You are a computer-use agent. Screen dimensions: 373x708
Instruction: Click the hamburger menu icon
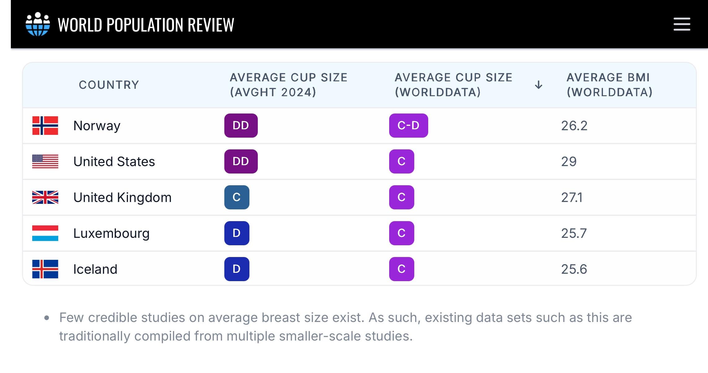click(x=682, y=24)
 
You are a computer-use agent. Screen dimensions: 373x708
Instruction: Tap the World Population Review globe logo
click(x=38, y=24)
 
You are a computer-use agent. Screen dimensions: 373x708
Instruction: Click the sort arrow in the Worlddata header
click(x=539, y=85)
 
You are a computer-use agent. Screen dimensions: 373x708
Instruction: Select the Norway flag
click(x=45, y=126)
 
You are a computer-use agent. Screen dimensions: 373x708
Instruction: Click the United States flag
click(x=45, y=161)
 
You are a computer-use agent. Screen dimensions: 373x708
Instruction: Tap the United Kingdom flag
click(x=45, y=197)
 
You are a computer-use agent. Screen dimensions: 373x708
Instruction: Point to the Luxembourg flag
click(x=45, y=233)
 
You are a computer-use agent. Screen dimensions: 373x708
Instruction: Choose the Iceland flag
click(x=45, y=269)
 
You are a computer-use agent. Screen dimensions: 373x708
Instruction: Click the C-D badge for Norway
click(x=408, y=126)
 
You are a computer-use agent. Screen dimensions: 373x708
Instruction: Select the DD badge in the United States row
click(x=241, y=161)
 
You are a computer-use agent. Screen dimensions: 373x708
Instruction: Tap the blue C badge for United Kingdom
click(x=237, y=197)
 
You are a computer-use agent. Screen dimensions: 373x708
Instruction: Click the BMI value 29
click(x=569, y=161)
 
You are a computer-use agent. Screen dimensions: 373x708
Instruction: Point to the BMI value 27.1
click(x=572, y=197)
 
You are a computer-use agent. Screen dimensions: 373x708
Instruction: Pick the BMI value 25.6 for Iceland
click(x=574, y=269)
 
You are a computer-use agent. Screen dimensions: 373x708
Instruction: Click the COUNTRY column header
click(x=109, y=85)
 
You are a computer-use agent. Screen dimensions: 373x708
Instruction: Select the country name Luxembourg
click(x=111, y=233)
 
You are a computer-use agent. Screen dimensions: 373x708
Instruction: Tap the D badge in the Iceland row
click(x=237, y=269)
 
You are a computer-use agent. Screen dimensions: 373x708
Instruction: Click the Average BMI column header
click(x=609, y=85)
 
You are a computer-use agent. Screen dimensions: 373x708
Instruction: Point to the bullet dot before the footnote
click(x=47, y=318)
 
